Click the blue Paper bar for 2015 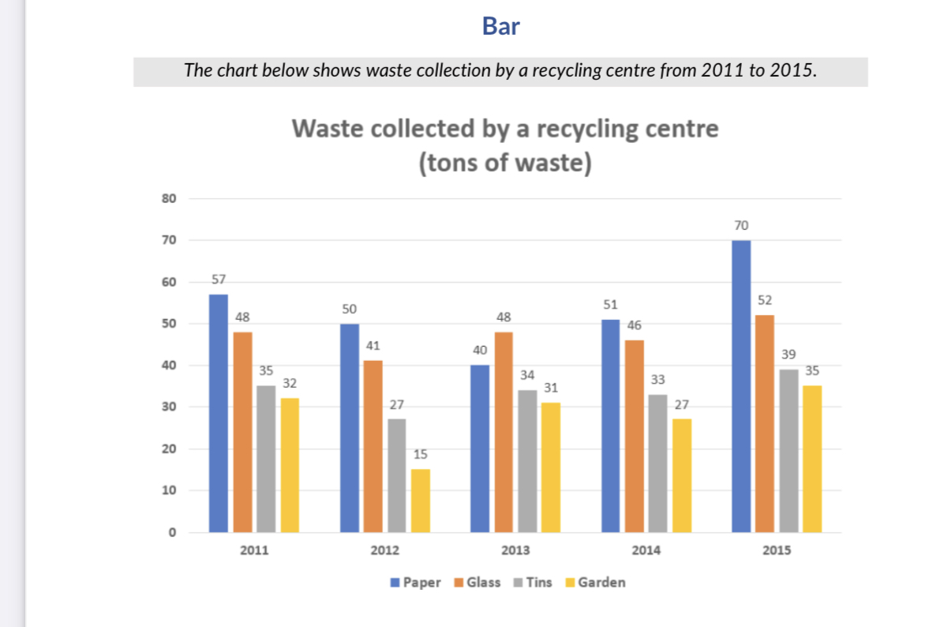coord(741,386)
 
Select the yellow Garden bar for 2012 coord(421,501)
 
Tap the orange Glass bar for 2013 coord(503,432)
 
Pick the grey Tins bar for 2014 coord(657,463)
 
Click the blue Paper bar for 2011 coord(218,413)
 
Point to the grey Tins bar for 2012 coord(397,475)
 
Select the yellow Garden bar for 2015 coord(812,459)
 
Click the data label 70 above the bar coord(740,226)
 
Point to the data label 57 coord(218,279)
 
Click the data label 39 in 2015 coord(789,355)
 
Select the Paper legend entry coord(416,583)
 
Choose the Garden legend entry coord(595,583)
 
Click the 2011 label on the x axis coord(253,550)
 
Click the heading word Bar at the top coord(500,27)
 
